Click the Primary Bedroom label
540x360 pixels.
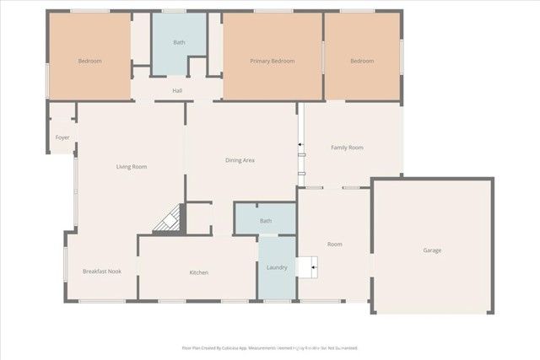pos(272,61)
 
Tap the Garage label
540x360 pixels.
pos(432,250)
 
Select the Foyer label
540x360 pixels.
pos(62,137)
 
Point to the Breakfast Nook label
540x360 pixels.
pos(101,271)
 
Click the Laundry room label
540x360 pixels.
pos(277,268)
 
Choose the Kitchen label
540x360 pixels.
pos(198,272)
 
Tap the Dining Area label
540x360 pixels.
pos(240,160)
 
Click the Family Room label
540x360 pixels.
pos(347,148)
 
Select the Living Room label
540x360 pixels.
pos(132,167)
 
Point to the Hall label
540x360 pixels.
pos(177,90)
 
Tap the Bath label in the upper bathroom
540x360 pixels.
pos(179,42)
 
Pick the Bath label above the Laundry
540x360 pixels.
pos(266,221)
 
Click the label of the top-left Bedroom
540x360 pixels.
pos(89,61)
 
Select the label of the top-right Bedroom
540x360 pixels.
pos(362,61)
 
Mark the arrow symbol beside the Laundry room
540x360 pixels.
pos(313,268)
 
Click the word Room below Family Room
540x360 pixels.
pos(335,244)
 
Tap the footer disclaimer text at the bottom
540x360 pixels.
pos(270,347)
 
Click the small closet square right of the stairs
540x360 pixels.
pos(199,217)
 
